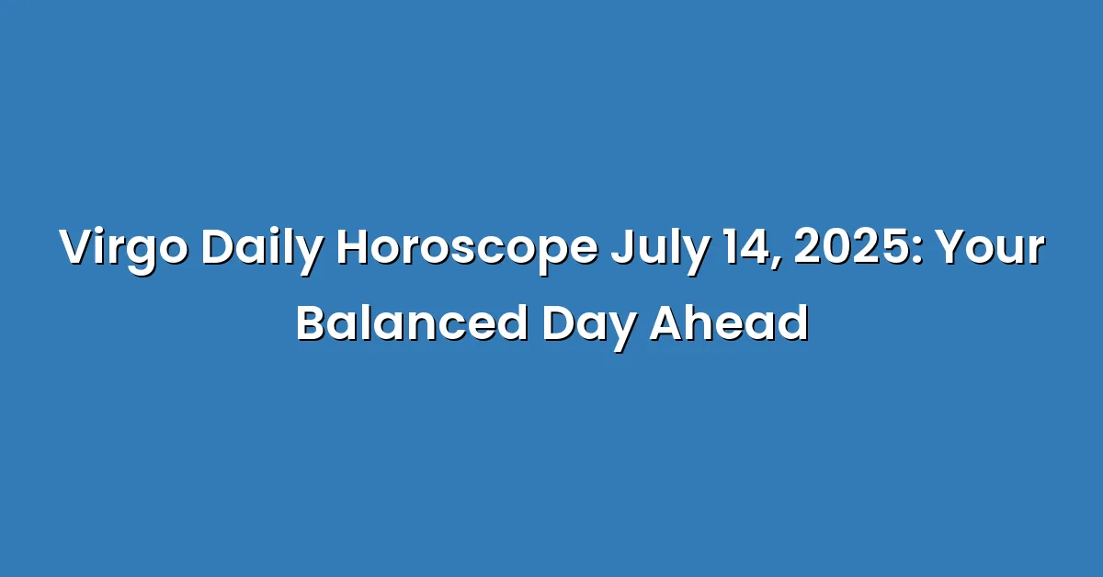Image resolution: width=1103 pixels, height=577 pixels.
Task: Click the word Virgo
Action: click(x=123, y=249)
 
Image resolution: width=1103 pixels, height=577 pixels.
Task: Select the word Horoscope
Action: click(x=467, y=249)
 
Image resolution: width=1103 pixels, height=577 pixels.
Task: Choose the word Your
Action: click(x=990, y=246)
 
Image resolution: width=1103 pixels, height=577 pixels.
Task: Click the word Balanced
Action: click(x=412, y=323)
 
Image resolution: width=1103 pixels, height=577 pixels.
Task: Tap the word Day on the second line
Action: click(x=589, y=327)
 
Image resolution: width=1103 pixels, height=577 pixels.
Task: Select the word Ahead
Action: click(x=729, y=323)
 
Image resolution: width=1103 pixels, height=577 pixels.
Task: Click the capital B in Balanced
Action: click(x=312, y=323)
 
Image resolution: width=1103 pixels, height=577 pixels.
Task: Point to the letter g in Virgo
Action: click(x=141, y=256)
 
